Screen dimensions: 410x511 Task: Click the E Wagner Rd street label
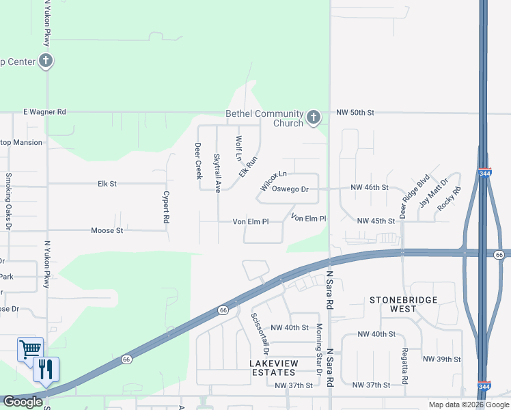(44, 111)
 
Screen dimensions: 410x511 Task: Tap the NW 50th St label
(356, 111)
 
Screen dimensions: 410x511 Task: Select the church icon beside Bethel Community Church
(313, 118)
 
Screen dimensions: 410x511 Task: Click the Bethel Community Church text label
(264, 118)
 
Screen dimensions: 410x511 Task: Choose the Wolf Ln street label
(238, 148)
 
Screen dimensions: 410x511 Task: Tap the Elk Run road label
(248, 167)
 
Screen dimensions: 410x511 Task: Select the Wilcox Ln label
(273, 181)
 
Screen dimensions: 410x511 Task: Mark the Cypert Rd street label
(165, 206)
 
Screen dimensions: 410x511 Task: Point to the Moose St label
(107, 231)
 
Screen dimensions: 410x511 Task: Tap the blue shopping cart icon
(30, 349)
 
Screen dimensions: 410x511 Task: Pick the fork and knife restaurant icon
(46, 370)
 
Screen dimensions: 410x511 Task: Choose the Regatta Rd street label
(404, 369)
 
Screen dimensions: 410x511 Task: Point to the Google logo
(23, 402)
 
